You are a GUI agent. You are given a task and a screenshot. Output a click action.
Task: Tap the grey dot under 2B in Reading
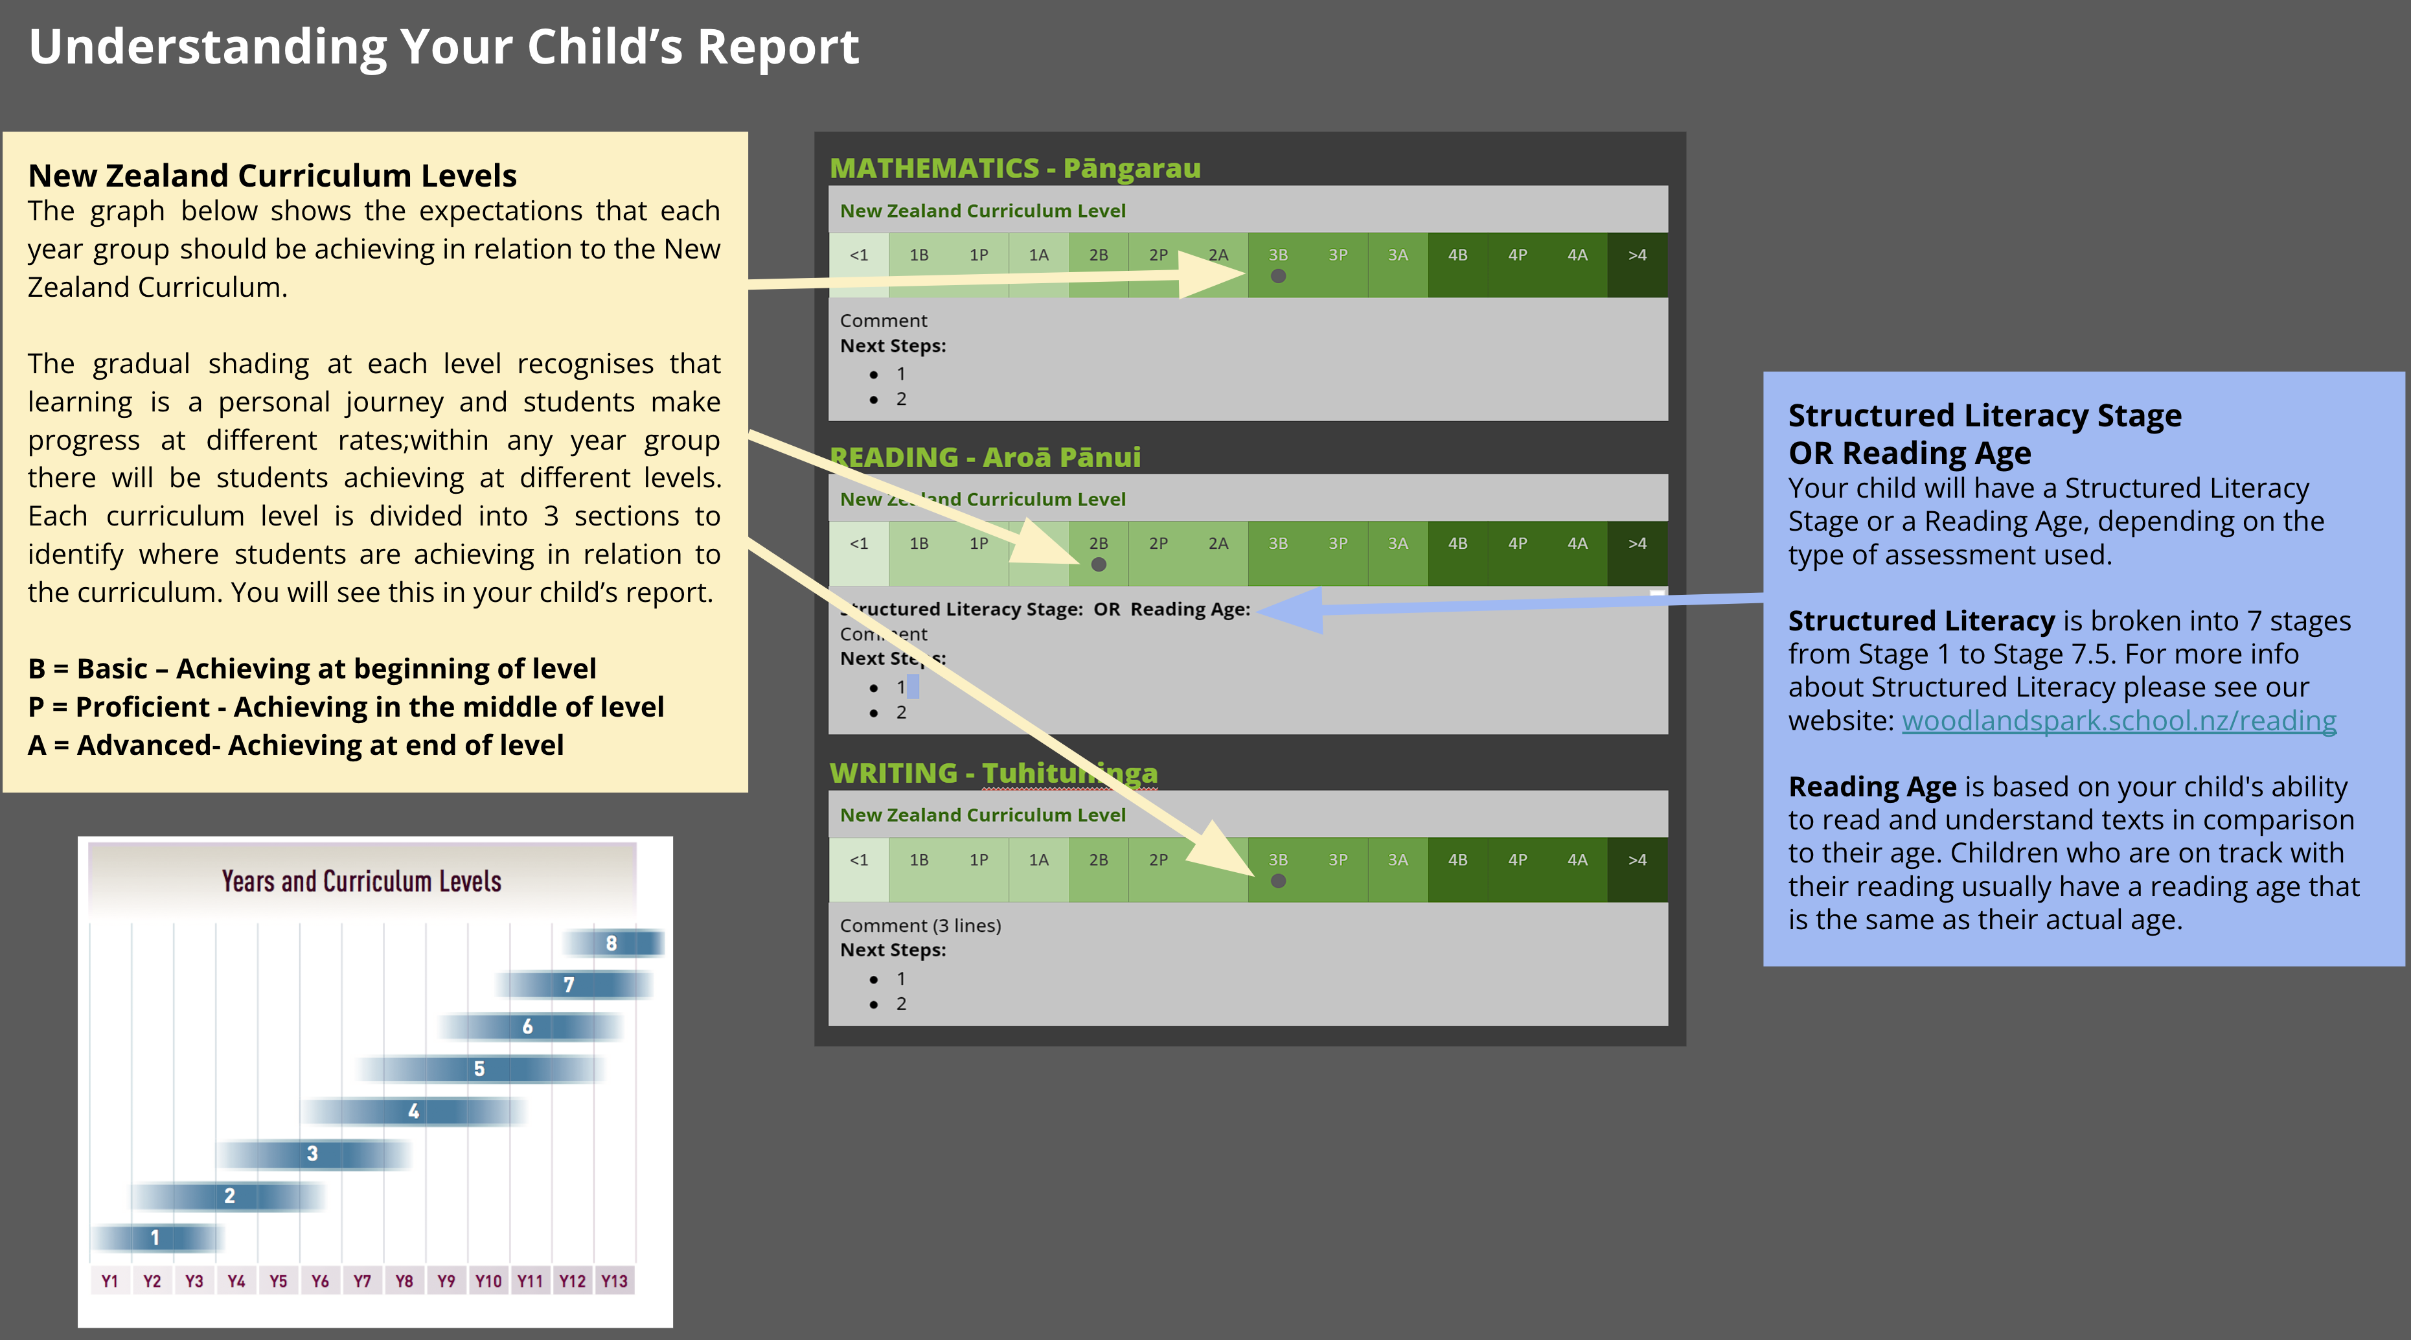click(x=1099, y=564)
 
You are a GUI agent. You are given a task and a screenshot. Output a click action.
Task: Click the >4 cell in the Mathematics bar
click(x=1637, y=265)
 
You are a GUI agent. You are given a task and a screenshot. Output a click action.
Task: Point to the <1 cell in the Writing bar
click(x=858, y=870)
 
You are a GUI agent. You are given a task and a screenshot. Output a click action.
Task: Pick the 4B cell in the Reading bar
click(x=1457, y=553)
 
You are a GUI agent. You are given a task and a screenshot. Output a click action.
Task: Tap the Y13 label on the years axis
click(x=614, y=1281)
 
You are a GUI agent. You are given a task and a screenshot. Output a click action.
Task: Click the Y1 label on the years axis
click(x=109, y=1281)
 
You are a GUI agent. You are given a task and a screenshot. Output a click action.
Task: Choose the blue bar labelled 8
click(x=612, y=943)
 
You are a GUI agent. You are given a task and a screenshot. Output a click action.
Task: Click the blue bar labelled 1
click(x=156, y=1238)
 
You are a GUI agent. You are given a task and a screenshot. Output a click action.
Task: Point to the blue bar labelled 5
click(x=479, y=1069)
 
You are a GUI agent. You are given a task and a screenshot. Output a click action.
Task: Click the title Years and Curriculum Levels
click(x=361, y=881)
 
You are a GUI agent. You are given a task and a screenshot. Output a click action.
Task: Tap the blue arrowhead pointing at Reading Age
click(x=1292, y=610)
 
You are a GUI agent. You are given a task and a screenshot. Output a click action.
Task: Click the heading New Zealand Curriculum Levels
click(x=272, y=175)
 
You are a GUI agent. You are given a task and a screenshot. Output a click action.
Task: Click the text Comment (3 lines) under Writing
click(x=920, y=925)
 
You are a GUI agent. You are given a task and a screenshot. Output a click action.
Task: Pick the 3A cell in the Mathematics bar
click(x=1397, y=265)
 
